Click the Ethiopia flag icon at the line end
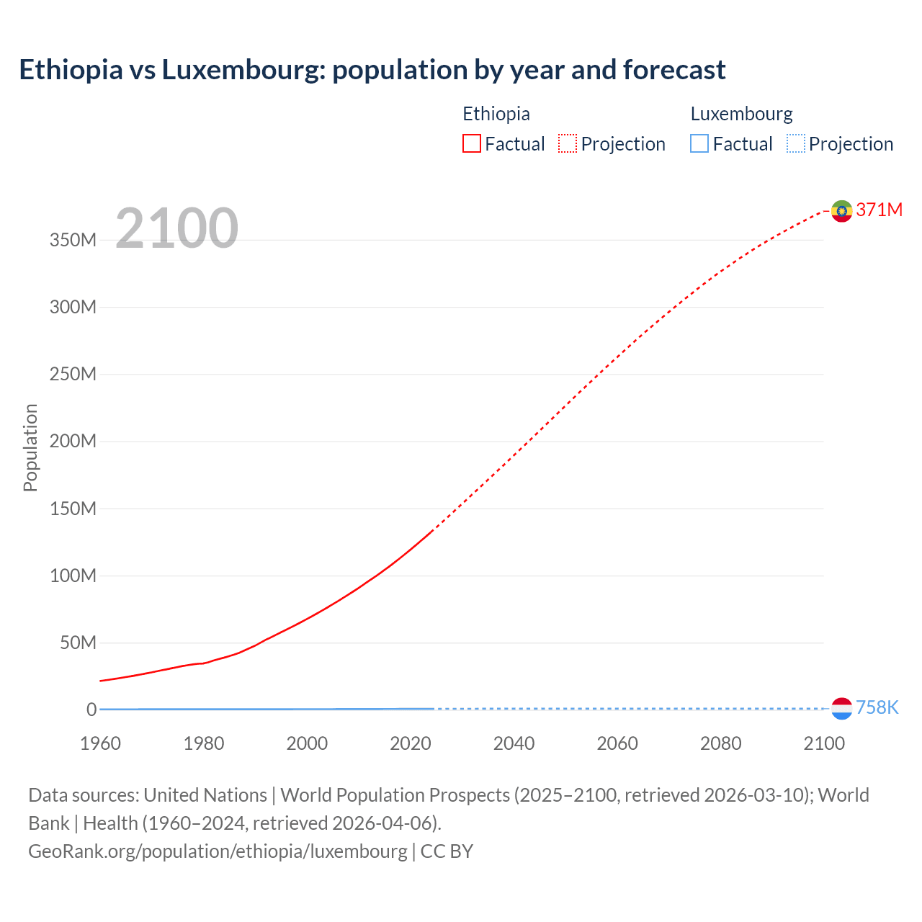pos(841,210)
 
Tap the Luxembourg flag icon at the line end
pos(841,708)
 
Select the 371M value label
pos(879,210)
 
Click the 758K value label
pos(877,707)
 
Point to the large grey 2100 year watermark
pos(176,228)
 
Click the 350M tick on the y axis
pos(73,240)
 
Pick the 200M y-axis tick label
pos(73,441)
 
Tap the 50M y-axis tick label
pos(78,643)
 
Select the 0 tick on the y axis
pos(91,710)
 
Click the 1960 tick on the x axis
pos(100,743)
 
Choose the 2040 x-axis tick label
pos(514,743)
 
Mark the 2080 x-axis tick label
pos(720,743)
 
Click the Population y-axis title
pos(30,447)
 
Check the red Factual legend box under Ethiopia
pos(472,143)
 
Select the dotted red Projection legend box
pos(568,143)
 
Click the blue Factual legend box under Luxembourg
pos(699,143)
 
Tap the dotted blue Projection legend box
pos(796,143)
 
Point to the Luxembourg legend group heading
pos(741,114)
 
